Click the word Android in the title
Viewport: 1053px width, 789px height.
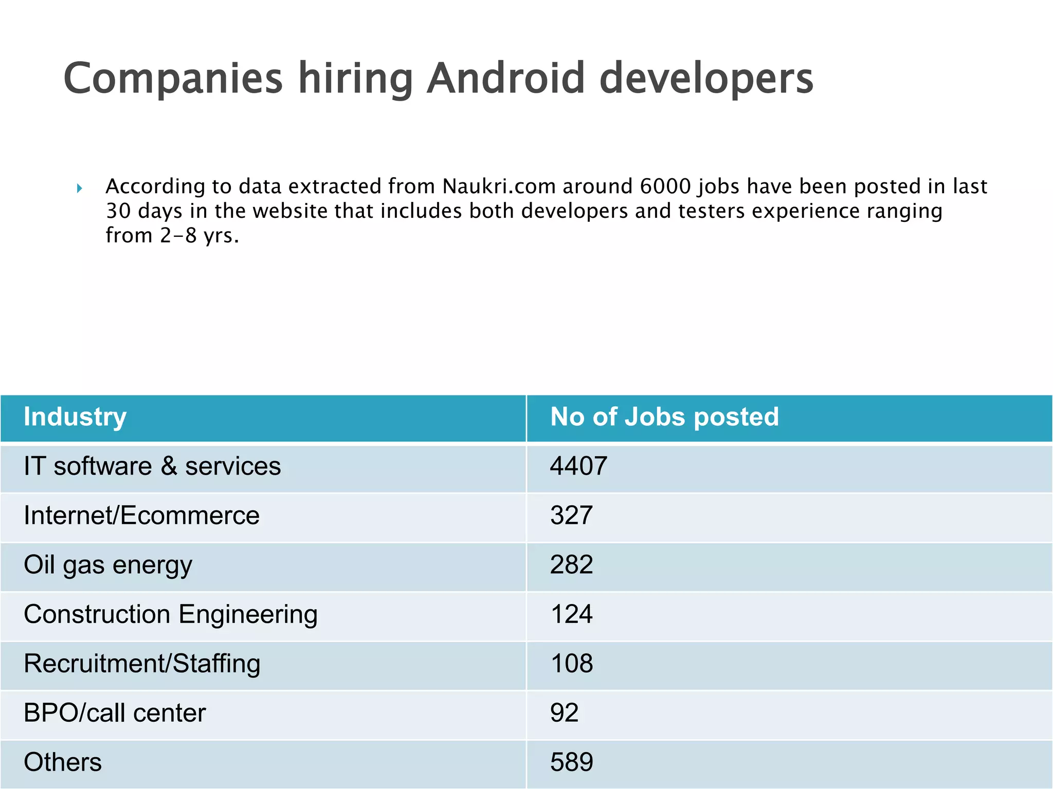point(506,79)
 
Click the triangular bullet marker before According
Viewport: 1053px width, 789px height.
point(79,189)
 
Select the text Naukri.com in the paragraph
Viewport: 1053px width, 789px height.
point(499,186)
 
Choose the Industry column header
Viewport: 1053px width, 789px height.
point(75,417)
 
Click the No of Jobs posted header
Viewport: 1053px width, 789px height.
point(664,417)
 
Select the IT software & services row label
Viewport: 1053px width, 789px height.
point(152,466)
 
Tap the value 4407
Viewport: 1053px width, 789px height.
point(578,466)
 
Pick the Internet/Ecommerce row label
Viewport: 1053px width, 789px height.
point(142,516)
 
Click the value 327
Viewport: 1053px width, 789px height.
point(571,516)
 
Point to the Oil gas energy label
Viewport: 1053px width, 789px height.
point(108,565)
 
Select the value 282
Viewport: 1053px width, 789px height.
point(571,565)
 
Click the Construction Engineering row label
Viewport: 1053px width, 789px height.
point(171,614)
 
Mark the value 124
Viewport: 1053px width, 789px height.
point(571,614)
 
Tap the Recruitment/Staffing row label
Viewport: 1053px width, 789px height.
point(142,664)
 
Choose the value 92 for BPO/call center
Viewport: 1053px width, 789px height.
point(564,713)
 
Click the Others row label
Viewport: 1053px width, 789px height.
point(63,762)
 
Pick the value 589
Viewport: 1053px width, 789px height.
point(571,762)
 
